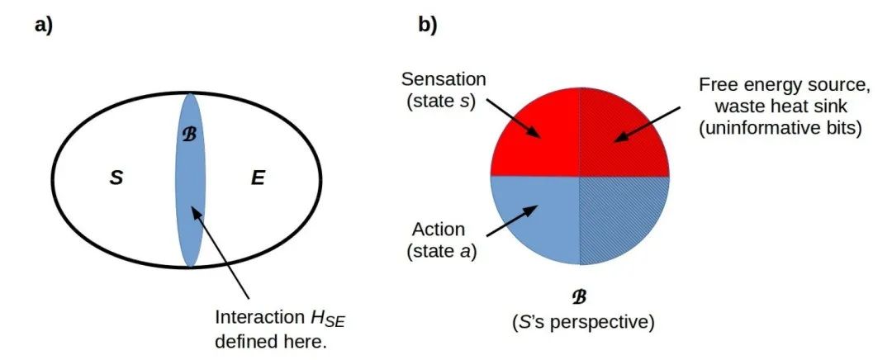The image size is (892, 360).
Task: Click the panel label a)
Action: tap(43, 25)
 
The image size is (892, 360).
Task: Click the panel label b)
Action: tap(427, 25)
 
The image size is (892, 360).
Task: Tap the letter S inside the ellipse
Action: tap(116, 178)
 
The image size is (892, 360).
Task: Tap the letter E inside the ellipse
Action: tap(258, 178)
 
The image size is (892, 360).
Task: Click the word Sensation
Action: tap(444, 79)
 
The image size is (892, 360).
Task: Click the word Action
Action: tap(438, 229)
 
